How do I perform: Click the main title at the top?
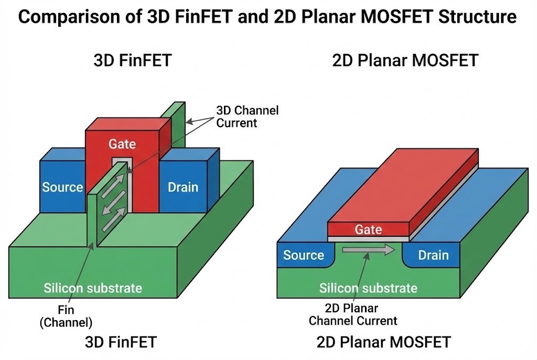coord(268,18)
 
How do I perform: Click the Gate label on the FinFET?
coord(122,144)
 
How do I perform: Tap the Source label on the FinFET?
coord(62,187)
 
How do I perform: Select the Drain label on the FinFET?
coord(183,187)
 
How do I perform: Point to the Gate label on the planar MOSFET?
coord(368,229)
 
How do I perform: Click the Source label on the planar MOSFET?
coord(303,255)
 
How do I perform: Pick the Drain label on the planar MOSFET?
coord(433,255)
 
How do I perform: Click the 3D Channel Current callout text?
coord(247,117)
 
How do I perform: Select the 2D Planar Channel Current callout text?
coord(353,314)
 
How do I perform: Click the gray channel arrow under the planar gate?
coord(368,250)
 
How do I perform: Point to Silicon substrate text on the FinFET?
coord(93,288)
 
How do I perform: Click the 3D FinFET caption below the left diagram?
coord(121,343)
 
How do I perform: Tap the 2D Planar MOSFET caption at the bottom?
coord(383,343)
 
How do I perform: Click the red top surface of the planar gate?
coord(404,189)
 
